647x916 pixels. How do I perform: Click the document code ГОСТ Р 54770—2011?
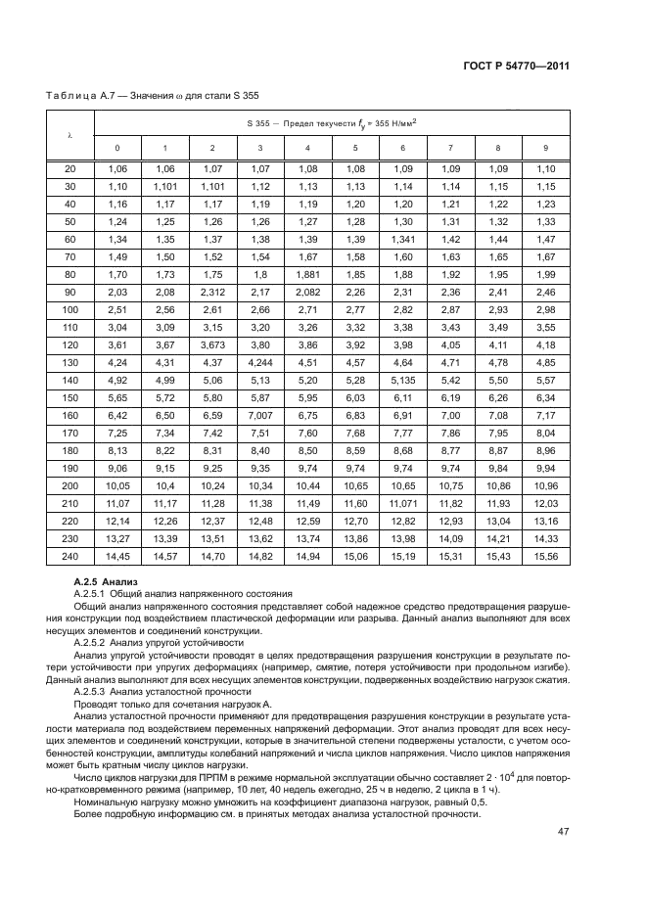tap(517, 66)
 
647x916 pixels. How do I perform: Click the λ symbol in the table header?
tap(69, 134)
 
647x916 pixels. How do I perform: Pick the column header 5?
tap(355, 148)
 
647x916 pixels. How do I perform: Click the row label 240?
tap(69, 556)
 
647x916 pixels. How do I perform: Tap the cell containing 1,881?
tap(307, 275)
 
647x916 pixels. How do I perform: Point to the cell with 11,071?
tap(402, 503)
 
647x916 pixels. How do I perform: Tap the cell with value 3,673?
tap(212, 345)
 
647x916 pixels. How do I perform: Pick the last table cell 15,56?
tap(545, 556)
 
